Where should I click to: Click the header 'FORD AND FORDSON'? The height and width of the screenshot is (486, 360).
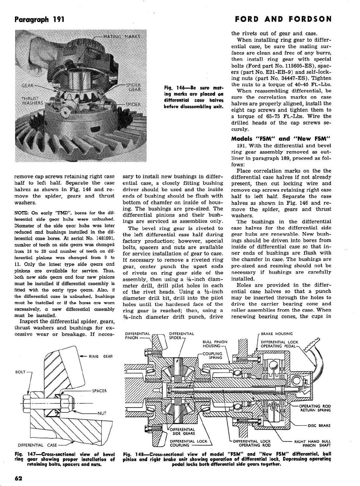283,19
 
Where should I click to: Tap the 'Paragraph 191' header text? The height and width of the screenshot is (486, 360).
39,19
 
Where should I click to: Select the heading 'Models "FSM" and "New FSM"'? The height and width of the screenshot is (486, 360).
281,139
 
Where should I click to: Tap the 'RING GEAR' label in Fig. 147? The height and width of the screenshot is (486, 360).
101,356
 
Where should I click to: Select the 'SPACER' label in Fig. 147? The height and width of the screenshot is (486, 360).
99,391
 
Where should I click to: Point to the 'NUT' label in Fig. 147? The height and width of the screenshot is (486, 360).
102,413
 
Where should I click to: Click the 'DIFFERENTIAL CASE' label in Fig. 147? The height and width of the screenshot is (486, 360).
37,445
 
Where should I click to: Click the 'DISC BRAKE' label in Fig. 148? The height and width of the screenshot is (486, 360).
319,426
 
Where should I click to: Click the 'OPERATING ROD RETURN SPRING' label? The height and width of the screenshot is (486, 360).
315,408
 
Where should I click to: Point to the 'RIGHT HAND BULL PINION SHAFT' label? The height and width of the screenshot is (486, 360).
312,443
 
